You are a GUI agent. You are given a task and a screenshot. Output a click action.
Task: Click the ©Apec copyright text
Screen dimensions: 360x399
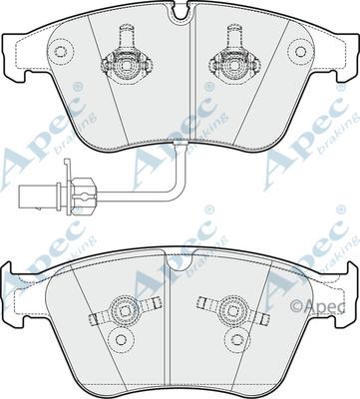pos(317,306)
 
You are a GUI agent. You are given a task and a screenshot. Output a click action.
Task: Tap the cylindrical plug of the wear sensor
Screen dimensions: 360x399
pos(38,195)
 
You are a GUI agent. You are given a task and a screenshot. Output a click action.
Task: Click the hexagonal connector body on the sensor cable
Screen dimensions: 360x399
pos(82,194)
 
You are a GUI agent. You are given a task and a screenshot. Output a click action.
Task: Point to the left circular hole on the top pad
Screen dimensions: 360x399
pos(60,51)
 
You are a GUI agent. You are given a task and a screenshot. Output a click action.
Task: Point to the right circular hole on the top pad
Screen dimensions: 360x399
pos(300,51)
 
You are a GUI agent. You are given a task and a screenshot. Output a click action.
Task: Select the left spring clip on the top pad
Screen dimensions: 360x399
pos(127,57)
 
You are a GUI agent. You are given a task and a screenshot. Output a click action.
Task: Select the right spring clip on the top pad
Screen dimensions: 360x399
pos(234,57)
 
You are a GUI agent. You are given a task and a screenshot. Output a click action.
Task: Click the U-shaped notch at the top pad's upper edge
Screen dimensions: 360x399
pos(181,12)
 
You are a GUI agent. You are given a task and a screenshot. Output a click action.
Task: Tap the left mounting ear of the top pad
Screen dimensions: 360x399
pos(13,57)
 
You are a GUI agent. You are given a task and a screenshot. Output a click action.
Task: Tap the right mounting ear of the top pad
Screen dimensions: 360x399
pos(347,57)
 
